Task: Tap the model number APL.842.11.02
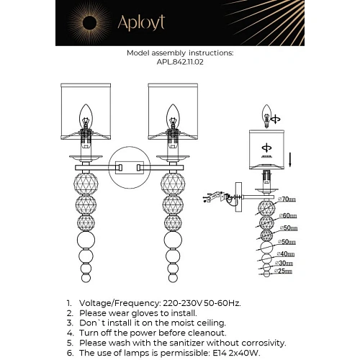pos(180,62)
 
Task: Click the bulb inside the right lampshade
pos(172,114)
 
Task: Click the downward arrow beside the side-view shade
pos(289,156)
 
